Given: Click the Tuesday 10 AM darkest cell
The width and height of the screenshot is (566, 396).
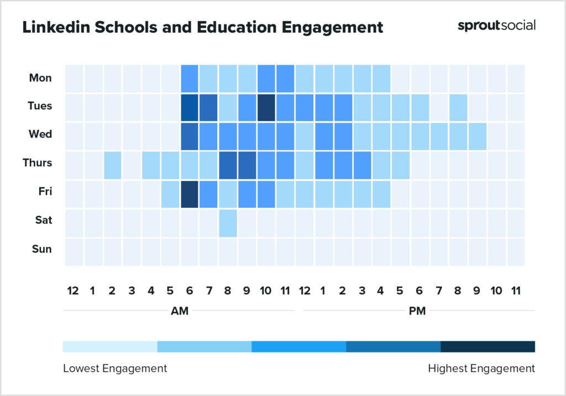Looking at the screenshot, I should pos(266,107).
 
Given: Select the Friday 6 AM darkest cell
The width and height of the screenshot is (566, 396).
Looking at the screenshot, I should pos(190,194).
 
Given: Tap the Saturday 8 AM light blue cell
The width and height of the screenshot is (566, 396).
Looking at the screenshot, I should pos(228,223).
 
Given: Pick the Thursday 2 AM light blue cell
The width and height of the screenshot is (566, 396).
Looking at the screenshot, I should pos(113,165).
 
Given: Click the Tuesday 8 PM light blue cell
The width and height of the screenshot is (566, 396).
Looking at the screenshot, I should pos(458,107).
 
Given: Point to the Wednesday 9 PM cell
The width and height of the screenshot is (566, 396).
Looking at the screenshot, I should pos(477,136).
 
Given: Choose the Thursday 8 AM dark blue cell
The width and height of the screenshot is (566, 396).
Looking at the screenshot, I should pos(228,165).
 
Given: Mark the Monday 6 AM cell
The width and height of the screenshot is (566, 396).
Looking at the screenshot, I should pos(190,78).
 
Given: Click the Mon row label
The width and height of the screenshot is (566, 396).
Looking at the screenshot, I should pos(40,78).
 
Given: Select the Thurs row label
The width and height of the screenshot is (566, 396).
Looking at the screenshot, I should pos(37,163).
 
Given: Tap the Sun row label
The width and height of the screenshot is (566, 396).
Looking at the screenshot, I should pos(41,249).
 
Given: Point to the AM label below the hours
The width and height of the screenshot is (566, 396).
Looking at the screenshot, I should pos(180,311).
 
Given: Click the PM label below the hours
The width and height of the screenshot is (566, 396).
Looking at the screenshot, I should pos(417,311).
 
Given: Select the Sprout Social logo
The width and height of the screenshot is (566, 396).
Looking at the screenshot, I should pos(496,25).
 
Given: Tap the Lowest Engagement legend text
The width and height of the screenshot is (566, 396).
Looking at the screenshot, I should pos(115,368).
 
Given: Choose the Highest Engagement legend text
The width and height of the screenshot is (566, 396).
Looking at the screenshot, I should pos(481,368).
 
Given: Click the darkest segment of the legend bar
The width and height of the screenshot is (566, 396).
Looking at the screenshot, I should pos(488,346).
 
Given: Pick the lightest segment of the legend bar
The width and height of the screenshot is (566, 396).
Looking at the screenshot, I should pos(110,346).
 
